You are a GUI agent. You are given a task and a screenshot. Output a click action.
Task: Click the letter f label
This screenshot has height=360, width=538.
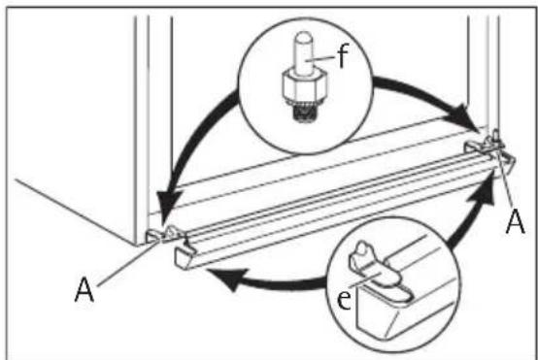pyautogui.click(x=343, y=55)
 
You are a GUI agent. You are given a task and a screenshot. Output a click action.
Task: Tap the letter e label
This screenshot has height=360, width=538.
pyautogui.click(x=344, y=299)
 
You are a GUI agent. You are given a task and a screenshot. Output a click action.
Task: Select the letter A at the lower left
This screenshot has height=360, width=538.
pyautogui.click(x=84, y=289)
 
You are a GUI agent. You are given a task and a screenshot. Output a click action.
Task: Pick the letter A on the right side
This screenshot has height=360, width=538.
pyautogui.click(x=516, y=222)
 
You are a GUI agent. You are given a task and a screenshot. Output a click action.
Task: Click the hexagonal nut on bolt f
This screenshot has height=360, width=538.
pyautogui.click(x=304, y=84)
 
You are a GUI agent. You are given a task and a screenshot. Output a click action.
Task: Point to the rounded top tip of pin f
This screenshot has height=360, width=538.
pyautogui.click(x=304, y=36)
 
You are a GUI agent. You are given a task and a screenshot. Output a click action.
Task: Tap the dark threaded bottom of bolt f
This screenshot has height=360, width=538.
pyautogui.click(x=304, y=113)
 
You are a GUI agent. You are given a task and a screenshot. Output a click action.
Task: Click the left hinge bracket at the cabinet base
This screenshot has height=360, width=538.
pyautogui.click(x=165, y=234)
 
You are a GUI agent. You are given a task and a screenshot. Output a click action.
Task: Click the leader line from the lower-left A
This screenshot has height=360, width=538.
pyautogui.click(x=128, y=262)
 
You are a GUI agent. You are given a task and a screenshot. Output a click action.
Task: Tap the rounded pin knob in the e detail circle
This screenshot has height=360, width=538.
pyautogui.click(x=361, y=249)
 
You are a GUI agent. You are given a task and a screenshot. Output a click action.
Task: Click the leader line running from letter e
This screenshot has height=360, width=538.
pyautogui.click(x=365, y=279)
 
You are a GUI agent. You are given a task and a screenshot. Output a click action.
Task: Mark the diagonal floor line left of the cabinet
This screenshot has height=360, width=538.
pyautogui.click(x=75, y=212)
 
